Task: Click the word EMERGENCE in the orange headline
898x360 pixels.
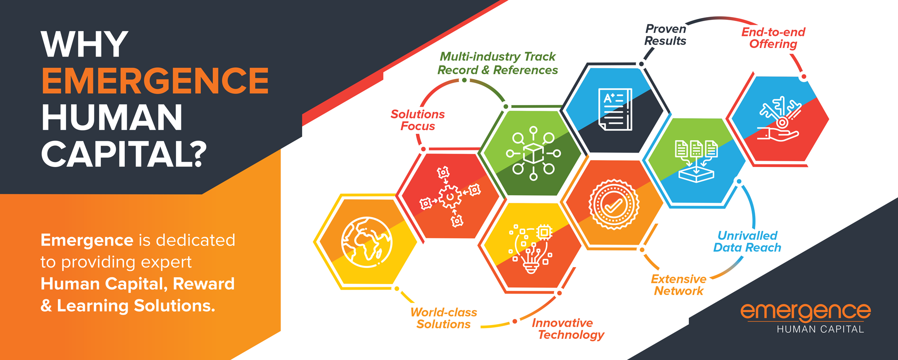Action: coord(155,81)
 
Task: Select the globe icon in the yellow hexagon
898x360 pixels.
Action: coord(366,242)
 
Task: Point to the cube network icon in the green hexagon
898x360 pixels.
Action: coord(533,154)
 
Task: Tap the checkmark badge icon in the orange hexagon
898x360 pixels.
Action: coord(613,205)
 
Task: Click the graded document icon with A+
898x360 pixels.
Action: coord(615,110)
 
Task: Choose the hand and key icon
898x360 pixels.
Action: coord(779,119)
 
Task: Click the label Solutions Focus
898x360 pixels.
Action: coord(418,120)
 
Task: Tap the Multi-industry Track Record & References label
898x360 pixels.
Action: coord(497,63)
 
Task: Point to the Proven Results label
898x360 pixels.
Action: coord(665,35)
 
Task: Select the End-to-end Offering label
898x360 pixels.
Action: coord(773,38)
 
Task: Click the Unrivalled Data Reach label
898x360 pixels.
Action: coord(747,242)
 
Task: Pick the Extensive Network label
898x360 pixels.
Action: coord(678,285)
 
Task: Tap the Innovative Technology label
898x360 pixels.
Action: coord(568,329)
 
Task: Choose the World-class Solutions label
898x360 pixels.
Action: coord(444,318)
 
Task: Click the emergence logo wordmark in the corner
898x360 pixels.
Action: coord(806,311)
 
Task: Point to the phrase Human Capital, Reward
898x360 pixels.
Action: coord(137,284)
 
